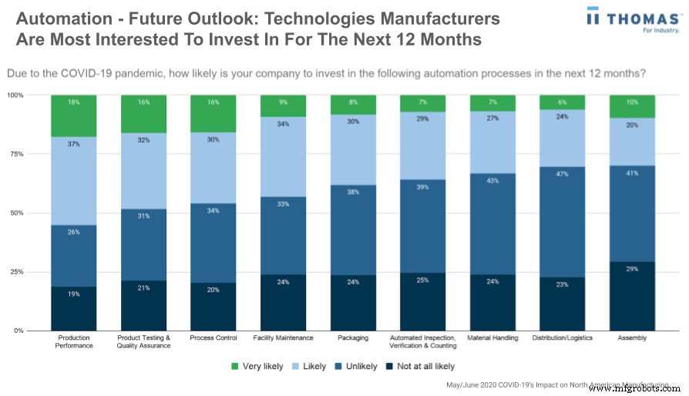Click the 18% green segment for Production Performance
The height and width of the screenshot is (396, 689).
click(x=74, y=116)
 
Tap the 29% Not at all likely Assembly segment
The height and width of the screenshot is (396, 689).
click(x=632, y=296)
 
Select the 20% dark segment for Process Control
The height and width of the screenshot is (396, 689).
click(x=213, y=307)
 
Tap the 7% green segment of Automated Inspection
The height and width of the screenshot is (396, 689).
click(x=422, y=103)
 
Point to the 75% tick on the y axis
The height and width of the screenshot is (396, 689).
click(x=15, y=154)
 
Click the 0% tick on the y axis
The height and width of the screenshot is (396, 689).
click(x=17, y=331)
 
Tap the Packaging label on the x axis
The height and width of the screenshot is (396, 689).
click(x=353, y=337)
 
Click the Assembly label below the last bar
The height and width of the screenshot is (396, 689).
click(x=632, y=337)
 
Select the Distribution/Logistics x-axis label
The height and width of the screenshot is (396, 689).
click(x=562, y=337)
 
